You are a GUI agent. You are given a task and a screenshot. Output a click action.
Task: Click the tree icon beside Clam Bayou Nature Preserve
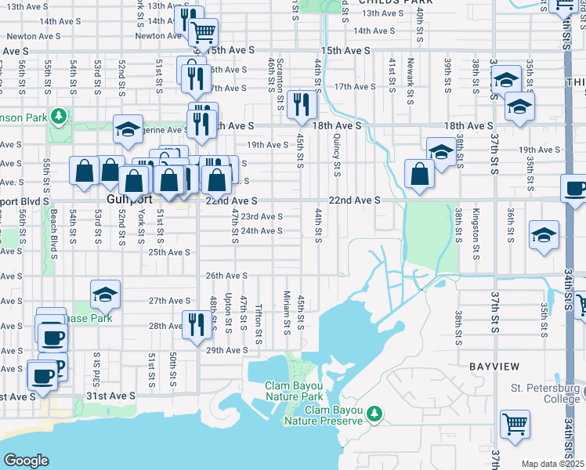click(x=374, y=412)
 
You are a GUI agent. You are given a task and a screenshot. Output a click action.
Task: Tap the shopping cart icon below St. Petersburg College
click(x=515, y=424)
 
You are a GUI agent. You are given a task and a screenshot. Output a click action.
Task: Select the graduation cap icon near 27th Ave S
click(x=105, y=295)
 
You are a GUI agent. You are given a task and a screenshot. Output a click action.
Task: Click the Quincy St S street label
click(x=337, y=154)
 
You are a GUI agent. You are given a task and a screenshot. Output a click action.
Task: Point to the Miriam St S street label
click(x=288, y=312)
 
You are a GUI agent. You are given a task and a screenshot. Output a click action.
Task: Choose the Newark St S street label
click(x=410, y=79)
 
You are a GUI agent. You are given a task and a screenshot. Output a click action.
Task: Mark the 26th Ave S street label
click(x=226, y=277)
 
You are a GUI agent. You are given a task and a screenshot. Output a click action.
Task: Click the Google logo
click(x=26, y=461)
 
